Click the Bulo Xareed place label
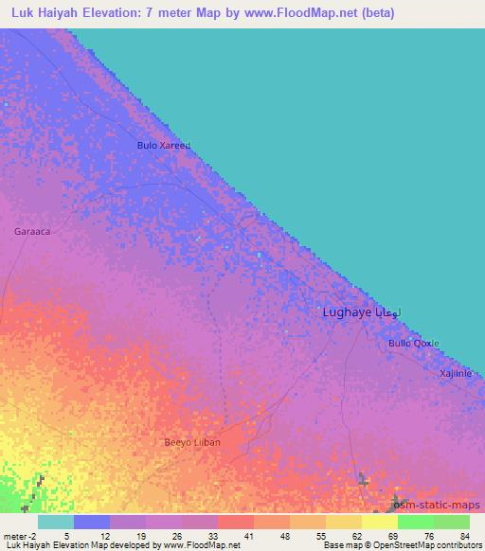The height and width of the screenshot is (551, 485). tap(164, 146)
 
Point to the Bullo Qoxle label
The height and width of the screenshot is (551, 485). tap(414, 343)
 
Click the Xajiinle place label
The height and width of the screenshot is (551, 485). tap(455, 373)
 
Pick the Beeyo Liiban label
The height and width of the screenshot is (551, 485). tap(192, 442)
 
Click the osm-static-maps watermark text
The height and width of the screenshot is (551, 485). tap(439, 506)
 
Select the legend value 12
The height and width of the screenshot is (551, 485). tap(110, 535)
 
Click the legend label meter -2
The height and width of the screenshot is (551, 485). tap(20, 535)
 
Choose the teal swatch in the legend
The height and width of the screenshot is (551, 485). tap(56, 522)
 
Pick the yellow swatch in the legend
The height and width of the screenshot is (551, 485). tap(379, 522)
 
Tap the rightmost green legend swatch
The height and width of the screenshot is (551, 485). tap(451, 522)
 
